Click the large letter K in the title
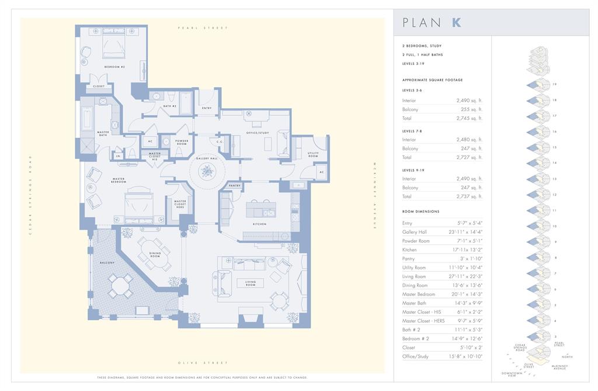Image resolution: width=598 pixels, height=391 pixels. (456, 23)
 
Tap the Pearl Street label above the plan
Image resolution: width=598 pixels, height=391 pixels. (203, 28)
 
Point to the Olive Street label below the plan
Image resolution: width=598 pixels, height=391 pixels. (203, 363)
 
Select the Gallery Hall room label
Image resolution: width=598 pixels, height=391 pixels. (206, 158)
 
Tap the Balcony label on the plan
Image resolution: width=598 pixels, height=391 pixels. (107, 262)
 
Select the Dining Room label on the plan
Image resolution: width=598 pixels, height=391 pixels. (155, 255)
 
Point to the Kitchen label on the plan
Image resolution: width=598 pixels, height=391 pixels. (260, 223)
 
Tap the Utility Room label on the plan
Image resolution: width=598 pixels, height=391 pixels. (313, 155)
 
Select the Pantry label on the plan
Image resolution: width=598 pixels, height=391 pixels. (235, 185)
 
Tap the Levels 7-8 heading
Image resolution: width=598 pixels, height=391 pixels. (412, 131)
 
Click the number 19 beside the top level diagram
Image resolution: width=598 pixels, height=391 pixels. (555, 84)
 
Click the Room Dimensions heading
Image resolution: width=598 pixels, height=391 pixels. (420, 211)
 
